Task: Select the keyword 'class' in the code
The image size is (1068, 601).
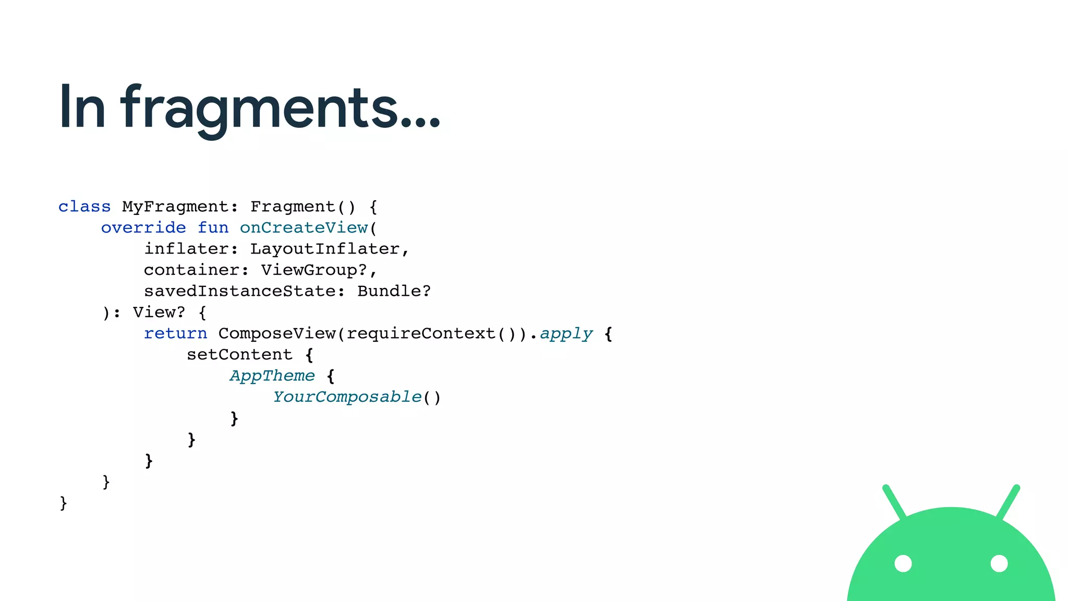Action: (x=84, y=207)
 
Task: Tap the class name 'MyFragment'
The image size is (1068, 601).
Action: (x=175, y=207)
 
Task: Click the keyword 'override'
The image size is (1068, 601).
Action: (x=143, y=228)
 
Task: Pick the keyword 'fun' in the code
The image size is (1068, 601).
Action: (x=213, y=228)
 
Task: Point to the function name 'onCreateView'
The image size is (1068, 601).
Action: (x=304, y=228)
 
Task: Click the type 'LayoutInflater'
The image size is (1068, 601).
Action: (x=324, y=249)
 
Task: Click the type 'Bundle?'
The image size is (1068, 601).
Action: (x=394, y=291)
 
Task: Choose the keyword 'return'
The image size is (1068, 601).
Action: (x=175, y=333)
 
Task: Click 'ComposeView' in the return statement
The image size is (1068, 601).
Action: (x=276, y=333)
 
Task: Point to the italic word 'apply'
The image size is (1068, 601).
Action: (x=566, y=333)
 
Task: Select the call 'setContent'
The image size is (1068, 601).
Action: (x=239, y=355)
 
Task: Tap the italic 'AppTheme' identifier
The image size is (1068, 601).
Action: (x=272, y=376)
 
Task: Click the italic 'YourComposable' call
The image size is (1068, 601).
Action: (x=347, y=397)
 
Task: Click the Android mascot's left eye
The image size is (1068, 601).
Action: (x=903, y=563)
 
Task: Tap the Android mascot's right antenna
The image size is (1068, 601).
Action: (x=1008, y=501)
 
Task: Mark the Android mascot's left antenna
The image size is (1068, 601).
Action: (x=894, y=501)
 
